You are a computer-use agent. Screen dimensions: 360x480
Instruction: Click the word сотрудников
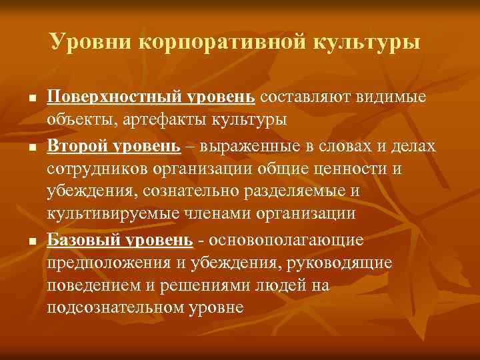99,168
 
